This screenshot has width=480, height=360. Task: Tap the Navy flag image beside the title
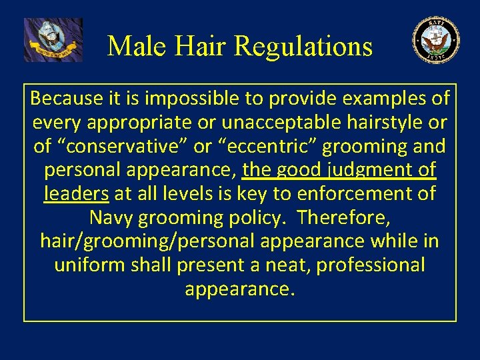tap(53, 40)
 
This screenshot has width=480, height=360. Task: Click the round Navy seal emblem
tap(436, 40)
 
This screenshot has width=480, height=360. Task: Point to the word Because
tap(67, 99)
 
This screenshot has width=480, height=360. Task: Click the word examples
tap(385, 99)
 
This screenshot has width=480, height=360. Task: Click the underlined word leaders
tap(76, 194)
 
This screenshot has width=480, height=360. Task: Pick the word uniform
tap(83, 265)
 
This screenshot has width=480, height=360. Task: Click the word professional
tap(370, 265)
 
